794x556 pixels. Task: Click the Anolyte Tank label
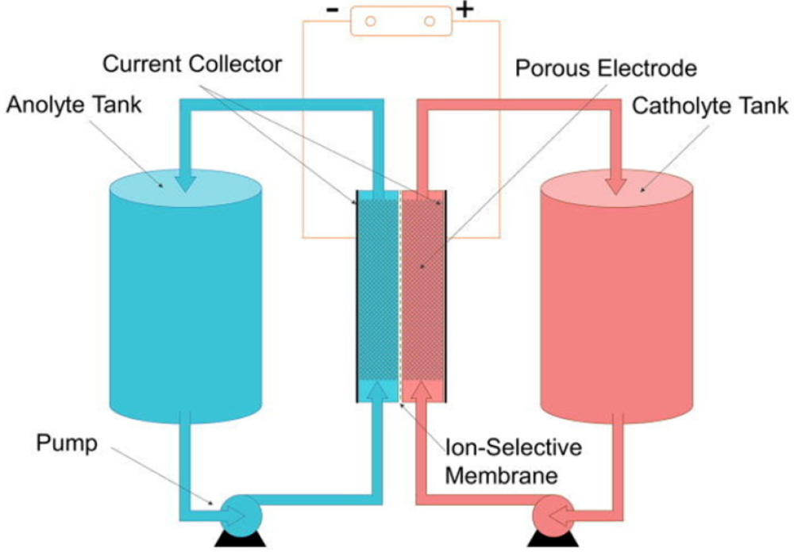[74, 104]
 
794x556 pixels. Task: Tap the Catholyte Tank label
[710, 105]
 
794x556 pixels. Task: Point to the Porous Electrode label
[606, 67]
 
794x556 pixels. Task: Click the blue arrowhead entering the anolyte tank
[185, 180]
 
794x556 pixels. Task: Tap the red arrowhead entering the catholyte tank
[616, 180]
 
